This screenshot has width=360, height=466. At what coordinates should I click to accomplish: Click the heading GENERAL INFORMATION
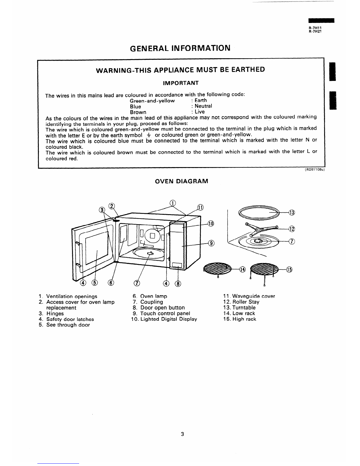180,48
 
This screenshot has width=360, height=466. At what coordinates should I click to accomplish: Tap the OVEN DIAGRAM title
181,181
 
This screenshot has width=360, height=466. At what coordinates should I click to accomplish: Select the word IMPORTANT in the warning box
181,83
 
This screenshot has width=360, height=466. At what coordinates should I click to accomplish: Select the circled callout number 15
289,269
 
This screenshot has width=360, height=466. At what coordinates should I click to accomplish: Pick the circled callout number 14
242,269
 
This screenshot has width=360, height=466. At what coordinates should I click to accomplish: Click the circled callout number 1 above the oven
173,203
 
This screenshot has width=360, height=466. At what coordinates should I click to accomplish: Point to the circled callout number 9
211,243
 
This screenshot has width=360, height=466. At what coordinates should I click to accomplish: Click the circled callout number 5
95,283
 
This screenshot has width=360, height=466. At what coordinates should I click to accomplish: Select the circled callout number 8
178,284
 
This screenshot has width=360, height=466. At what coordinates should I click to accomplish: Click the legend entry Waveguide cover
249,296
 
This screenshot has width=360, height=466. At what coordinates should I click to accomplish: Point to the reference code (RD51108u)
314,169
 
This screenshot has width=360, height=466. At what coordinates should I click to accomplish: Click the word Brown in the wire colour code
138,112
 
